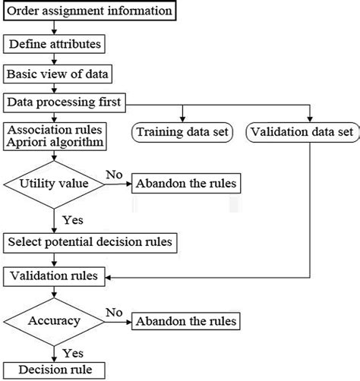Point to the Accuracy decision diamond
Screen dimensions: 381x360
point(52,321)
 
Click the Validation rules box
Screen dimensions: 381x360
point(55,276)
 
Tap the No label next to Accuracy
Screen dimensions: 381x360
point(113,312)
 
